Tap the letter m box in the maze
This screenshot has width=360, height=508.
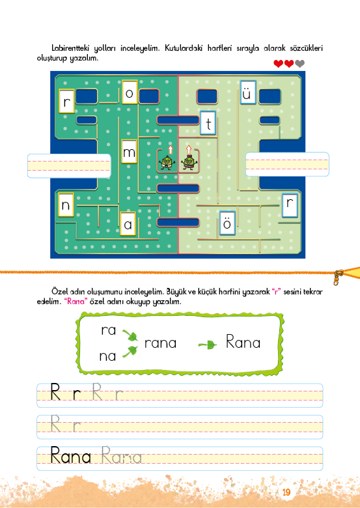point(129,151)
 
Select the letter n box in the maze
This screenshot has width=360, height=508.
point(66,205)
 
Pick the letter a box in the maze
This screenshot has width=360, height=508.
point(128,224)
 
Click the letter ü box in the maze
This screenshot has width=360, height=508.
point(248,92)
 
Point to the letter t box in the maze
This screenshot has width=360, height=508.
point(208,123)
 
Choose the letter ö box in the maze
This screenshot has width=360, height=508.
point(227,223)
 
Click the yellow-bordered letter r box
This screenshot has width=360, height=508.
point(66,101)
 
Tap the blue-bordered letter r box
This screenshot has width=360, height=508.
point(290,205)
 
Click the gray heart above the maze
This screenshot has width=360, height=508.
point(300,64)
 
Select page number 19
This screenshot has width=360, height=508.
point(286,492)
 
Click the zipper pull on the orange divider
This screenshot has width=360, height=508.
point(339,277)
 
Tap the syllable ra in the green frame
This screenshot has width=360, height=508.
point(109,330)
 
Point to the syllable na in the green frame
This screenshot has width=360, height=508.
point(107,356)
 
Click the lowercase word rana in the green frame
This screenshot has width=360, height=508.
point(161,343)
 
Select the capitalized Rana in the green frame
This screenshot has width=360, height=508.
point(243,342)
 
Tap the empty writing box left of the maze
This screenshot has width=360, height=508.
point(69,166)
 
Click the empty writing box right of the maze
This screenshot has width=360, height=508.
point(287,164)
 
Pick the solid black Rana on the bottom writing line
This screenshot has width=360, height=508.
point(70,455)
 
